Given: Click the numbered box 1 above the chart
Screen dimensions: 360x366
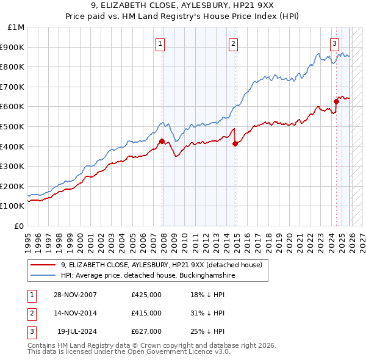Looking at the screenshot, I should pyautogui.click(x=160, y=43).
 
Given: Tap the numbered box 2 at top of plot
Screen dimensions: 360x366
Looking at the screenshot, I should pyautogui.click(x=234, y=43).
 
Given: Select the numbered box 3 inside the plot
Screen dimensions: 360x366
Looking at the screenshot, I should pyautogui.click(x=335, y=43).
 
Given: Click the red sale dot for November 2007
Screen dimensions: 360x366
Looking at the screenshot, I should pyautogui.click(x=162, y=142).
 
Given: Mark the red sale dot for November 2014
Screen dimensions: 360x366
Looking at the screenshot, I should pyautogui.click(x=235, y=143).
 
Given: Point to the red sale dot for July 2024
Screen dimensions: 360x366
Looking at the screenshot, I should pyautogui.click(x=336, y=101).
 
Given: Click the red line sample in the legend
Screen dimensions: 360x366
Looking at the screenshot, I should pyautogui.click(x=43, y=265).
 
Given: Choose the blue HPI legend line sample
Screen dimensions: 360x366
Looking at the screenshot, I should pyautogui.click(x=43, y=275).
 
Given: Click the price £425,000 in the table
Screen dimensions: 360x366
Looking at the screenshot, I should pyautogui.click(x=146, y=295).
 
